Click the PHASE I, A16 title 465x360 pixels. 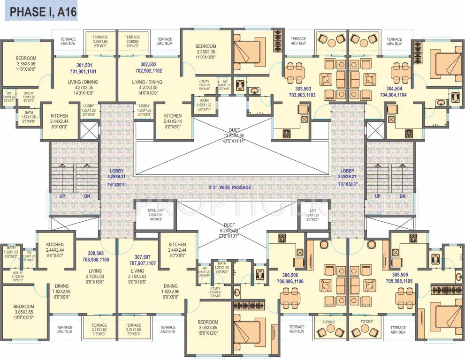pyautogui.click(x=41, y=10)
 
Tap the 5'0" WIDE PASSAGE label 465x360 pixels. pyautogui.click(x=230, y=187)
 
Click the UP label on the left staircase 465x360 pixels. pyautogui.click(x=62, y=196)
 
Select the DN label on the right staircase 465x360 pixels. pyautogui.click(x=402, y=196)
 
